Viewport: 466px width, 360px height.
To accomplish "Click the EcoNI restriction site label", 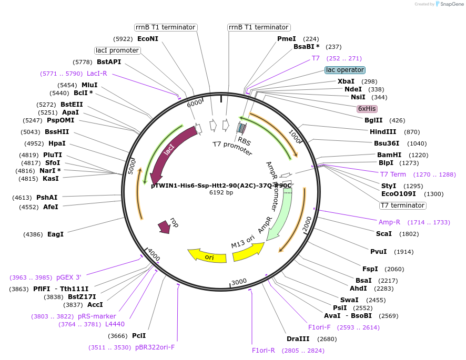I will (147, 39).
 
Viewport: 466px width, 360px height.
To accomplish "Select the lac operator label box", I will (345, 70).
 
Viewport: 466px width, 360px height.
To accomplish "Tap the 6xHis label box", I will (367, 109).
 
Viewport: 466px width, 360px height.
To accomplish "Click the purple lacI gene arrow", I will (172, 152).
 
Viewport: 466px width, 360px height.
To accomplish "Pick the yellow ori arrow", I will (208, 256).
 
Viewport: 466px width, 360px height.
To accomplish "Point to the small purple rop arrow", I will (164, 227).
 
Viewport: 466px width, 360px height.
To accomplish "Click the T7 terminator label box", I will (403, 205).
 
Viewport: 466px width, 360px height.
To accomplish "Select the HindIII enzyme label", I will (383, 132).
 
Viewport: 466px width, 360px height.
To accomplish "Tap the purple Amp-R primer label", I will (389, 222).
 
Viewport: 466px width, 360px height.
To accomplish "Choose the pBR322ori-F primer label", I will (155, 347).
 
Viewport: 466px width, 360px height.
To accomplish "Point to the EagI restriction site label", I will (55, 234).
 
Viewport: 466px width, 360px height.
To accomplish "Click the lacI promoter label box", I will (117, 50).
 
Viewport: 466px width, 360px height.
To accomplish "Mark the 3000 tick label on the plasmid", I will (239, 282).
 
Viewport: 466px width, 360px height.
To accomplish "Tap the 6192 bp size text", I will (221, 193).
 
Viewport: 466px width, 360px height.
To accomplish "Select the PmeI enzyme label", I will (287, 39).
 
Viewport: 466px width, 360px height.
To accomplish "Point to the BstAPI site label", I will (109, 62).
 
